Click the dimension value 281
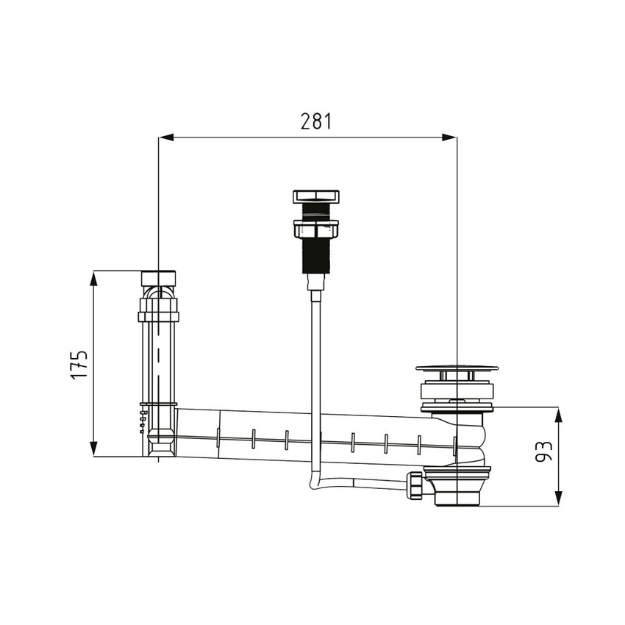coord(316,121)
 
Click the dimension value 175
coord(79,365)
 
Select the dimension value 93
coord(543,451)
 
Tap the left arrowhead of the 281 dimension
coord(166,137)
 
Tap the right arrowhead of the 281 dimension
coord(449,137)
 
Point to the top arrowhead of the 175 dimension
coord(93,278)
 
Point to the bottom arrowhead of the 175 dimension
coord(93,449)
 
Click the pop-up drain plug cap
coord(457,368)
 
